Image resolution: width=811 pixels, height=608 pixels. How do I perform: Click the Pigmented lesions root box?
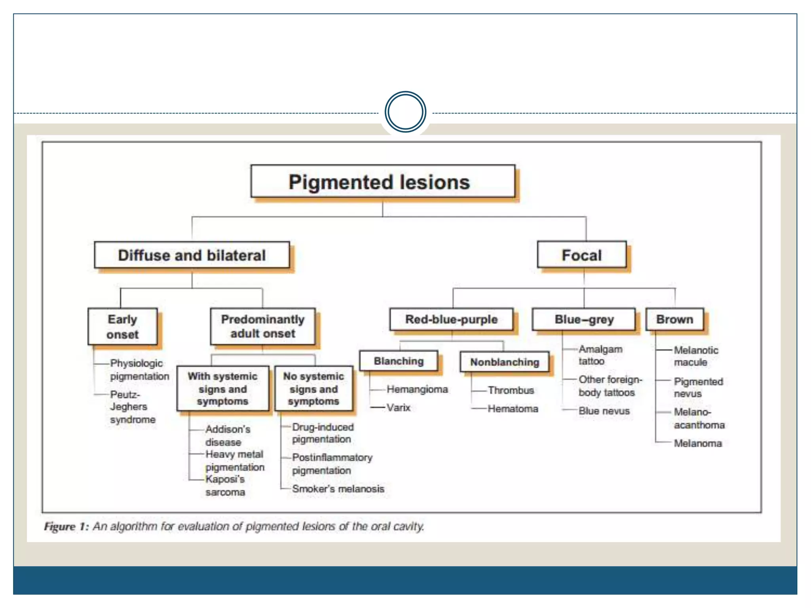tap(383, 182)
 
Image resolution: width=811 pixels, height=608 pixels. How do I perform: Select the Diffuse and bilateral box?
tap(192, 255)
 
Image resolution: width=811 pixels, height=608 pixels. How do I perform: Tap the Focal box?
tap(582, 255)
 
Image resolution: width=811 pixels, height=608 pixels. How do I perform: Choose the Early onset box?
tap(123, 327)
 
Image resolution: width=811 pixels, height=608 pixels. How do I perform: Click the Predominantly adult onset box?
tap(263, 327)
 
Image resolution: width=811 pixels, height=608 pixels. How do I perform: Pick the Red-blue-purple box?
tap(451, 319)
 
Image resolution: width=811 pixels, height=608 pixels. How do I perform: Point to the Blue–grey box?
tap(584, 319)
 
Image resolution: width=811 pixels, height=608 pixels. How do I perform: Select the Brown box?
tap(675, 319)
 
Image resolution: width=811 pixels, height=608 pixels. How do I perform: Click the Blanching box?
tap(399, 361)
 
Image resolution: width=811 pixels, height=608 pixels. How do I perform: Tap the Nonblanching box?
tap(504, 362)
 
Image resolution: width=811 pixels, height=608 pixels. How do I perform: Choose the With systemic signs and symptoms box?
tap(223, 388)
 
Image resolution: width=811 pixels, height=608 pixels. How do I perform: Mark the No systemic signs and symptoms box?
tap(314, 388)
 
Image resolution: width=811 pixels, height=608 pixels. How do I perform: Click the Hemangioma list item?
tap(417, 389)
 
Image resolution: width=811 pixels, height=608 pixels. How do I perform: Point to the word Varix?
tap(398, 407)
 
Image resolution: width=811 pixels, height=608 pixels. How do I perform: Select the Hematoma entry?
tap(513, 408)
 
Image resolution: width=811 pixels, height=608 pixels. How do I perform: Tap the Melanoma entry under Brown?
tap(698, 443)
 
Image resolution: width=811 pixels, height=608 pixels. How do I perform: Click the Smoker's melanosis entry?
tap(338, 489)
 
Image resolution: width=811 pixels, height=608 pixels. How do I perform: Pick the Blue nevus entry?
tap(604, 411)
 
